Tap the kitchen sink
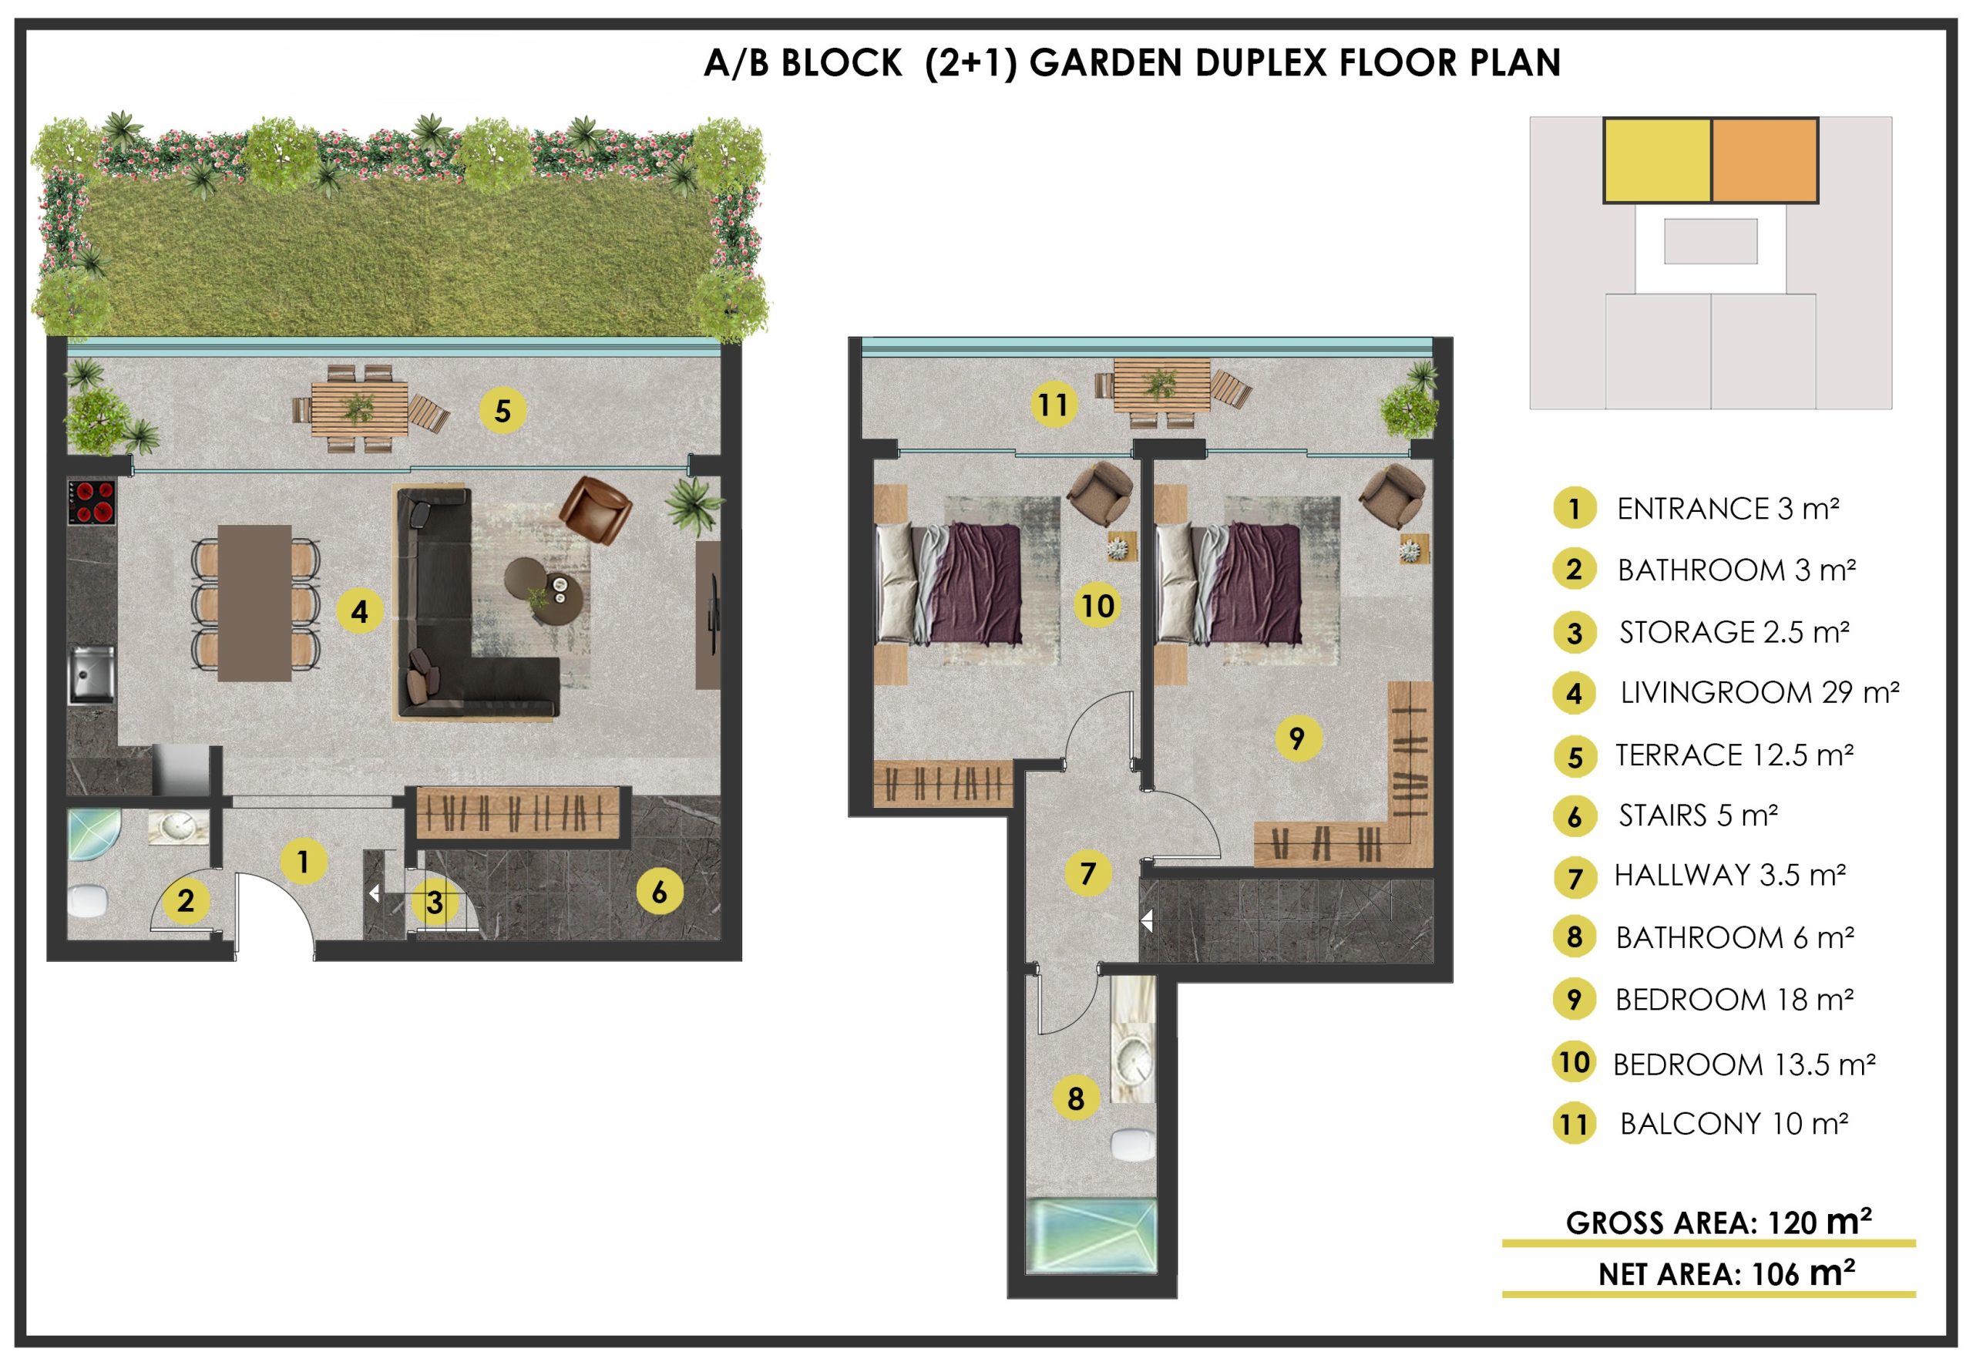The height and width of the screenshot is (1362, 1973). click(x=91, y=674)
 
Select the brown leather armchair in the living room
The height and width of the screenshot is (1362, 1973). click(x=595, y=510)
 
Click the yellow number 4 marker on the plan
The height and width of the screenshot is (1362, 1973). click(x=359, y=611)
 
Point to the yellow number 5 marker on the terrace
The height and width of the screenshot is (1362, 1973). click(x=502, y=411)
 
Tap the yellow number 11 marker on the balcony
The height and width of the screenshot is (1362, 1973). click(x=1053, y=404)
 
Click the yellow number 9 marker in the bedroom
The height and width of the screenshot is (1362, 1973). click(x=1297, y=738)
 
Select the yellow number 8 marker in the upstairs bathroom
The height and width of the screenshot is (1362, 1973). click(x=1075, y=1098)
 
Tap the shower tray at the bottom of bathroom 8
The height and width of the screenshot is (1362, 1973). click(x=1091, y=1236)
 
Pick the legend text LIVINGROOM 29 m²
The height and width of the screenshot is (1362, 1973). click(x=1760, y=693)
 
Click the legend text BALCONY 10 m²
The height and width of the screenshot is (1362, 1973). click(x=1734, y=1124)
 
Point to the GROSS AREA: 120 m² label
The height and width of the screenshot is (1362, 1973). click(x=1718, y=1222)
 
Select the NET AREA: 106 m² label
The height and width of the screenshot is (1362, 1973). click(x=1726, y=1274)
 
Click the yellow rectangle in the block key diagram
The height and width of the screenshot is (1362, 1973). click(x=1657, y=160)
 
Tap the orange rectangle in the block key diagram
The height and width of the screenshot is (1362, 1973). click(x=1765, y=160)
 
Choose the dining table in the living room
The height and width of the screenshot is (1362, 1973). click(x=255, y=603)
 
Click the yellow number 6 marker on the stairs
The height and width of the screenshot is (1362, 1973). click(x=659, y=892)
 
